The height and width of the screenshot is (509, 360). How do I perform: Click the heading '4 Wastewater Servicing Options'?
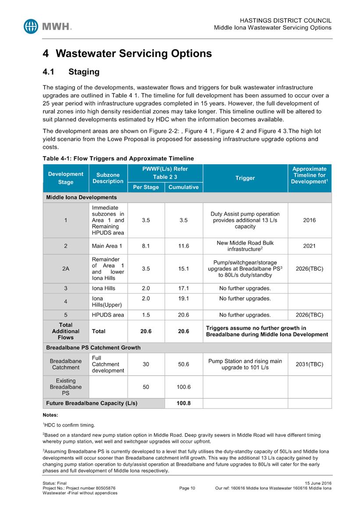point(127,54)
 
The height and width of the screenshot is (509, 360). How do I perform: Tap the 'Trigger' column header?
point(245,178)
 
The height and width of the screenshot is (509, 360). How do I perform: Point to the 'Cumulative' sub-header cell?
point(184,187)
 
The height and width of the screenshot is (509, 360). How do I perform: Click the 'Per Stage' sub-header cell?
point(146,187)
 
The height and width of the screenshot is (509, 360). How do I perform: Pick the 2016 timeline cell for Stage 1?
point(309,220)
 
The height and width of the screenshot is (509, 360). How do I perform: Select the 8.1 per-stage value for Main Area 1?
point(146,246)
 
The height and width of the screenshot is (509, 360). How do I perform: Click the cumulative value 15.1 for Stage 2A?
point(184,269)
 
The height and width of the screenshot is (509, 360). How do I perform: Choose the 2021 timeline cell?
point(309,246)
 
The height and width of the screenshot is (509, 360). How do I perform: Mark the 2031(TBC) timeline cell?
point(309,364)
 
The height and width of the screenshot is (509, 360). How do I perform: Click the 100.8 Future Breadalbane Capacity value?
point(184,403)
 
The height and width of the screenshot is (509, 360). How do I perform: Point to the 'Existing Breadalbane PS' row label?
point(65,387)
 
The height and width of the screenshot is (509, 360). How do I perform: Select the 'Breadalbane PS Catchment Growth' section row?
point(93,348)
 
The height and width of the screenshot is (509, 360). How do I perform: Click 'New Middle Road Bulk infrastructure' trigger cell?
point(245,246)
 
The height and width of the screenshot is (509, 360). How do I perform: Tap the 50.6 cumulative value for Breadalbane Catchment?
point(184,364)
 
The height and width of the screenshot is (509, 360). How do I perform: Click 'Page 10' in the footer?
point(187,488)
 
